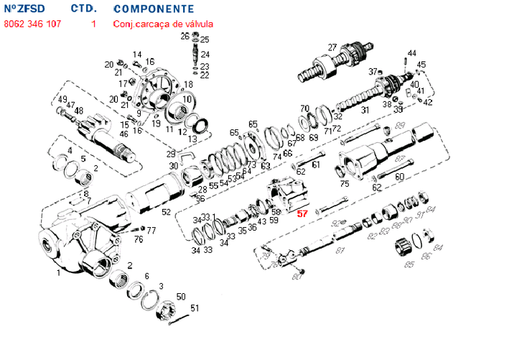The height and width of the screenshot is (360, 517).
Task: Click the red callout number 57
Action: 302,213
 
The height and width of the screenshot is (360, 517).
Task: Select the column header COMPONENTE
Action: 154,9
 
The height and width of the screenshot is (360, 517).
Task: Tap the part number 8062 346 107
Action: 33,24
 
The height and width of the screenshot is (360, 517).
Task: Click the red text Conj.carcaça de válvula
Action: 163,24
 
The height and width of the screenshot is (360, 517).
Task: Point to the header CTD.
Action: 83,9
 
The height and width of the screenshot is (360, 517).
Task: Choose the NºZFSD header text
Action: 24,9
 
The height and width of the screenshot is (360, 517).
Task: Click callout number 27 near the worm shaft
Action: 332,47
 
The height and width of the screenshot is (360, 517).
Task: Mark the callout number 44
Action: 411,53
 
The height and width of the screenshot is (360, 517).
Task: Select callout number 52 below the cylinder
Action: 166,212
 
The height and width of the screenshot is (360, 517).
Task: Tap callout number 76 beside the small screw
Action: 139,239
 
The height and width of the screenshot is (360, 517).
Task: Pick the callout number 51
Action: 194,308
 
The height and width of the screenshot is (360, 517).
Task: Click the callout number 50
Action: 181,297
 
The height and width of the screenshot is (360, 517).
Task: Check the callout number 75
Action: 345,184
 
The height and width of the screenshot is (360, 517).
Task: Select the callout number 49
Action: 62,100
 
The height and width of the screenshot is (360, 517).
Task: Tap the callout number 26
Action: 185,36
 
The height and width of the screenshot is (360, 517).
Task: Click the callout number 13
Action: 192,139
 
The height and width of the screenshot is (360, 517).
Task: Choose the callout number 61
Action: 316,165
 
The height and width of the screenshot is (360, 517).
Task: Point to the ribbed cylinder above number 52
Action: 153,193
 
